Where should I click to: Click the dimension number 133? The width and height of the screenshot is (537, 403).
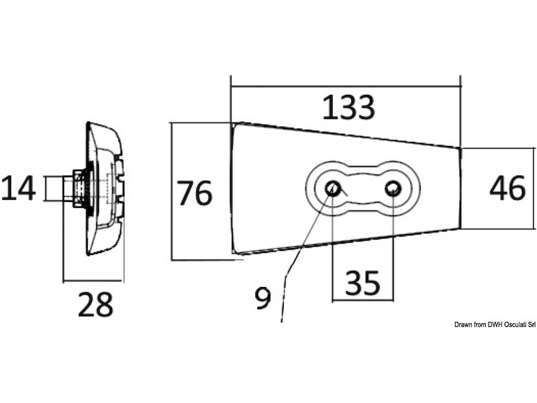pyautogui.click(x=349, y=107)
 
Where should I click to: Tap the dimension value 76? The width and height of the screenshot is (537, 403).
pyautogui.click(x=195, y=193)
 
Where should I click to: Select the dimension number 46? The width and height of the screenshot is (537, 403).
pyautogui.click(x=507, y=188)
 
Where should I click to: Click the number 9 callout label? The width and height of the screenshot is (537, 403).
pyautogui.click(x=263, y=298)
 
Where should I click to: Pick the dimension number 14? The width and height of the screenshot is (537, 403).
pyautogui.click(x=19, y=188)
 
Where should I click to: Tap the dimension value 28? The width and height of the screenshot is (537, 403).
pyautogui.click(x=96, y=304)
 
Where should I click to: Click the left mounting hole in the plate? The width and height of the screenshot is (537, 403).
pyautogui.click(x=332, y=189)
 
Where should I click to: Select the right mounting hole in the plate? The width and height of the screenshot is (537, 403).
pyautogui.click(x=393, y=188)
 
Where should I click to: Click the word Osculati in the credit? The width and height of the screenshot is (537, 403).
pyautogui.click(x=516, y=325)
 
